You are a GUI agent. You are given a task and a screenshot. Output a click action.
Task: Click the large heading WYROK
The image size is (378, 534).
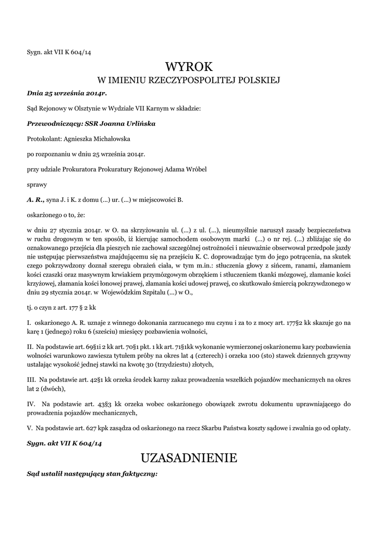189,67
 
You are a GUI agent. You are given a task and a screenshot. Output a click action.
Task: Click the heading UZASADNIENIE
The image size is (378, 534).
189,458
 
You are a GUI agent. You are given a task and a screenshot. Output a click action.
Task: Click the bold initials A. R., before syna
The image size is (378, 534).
35,199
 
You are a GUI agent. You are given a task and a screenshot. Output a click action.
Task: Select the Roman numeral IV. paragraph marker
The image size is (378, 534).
31,404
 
